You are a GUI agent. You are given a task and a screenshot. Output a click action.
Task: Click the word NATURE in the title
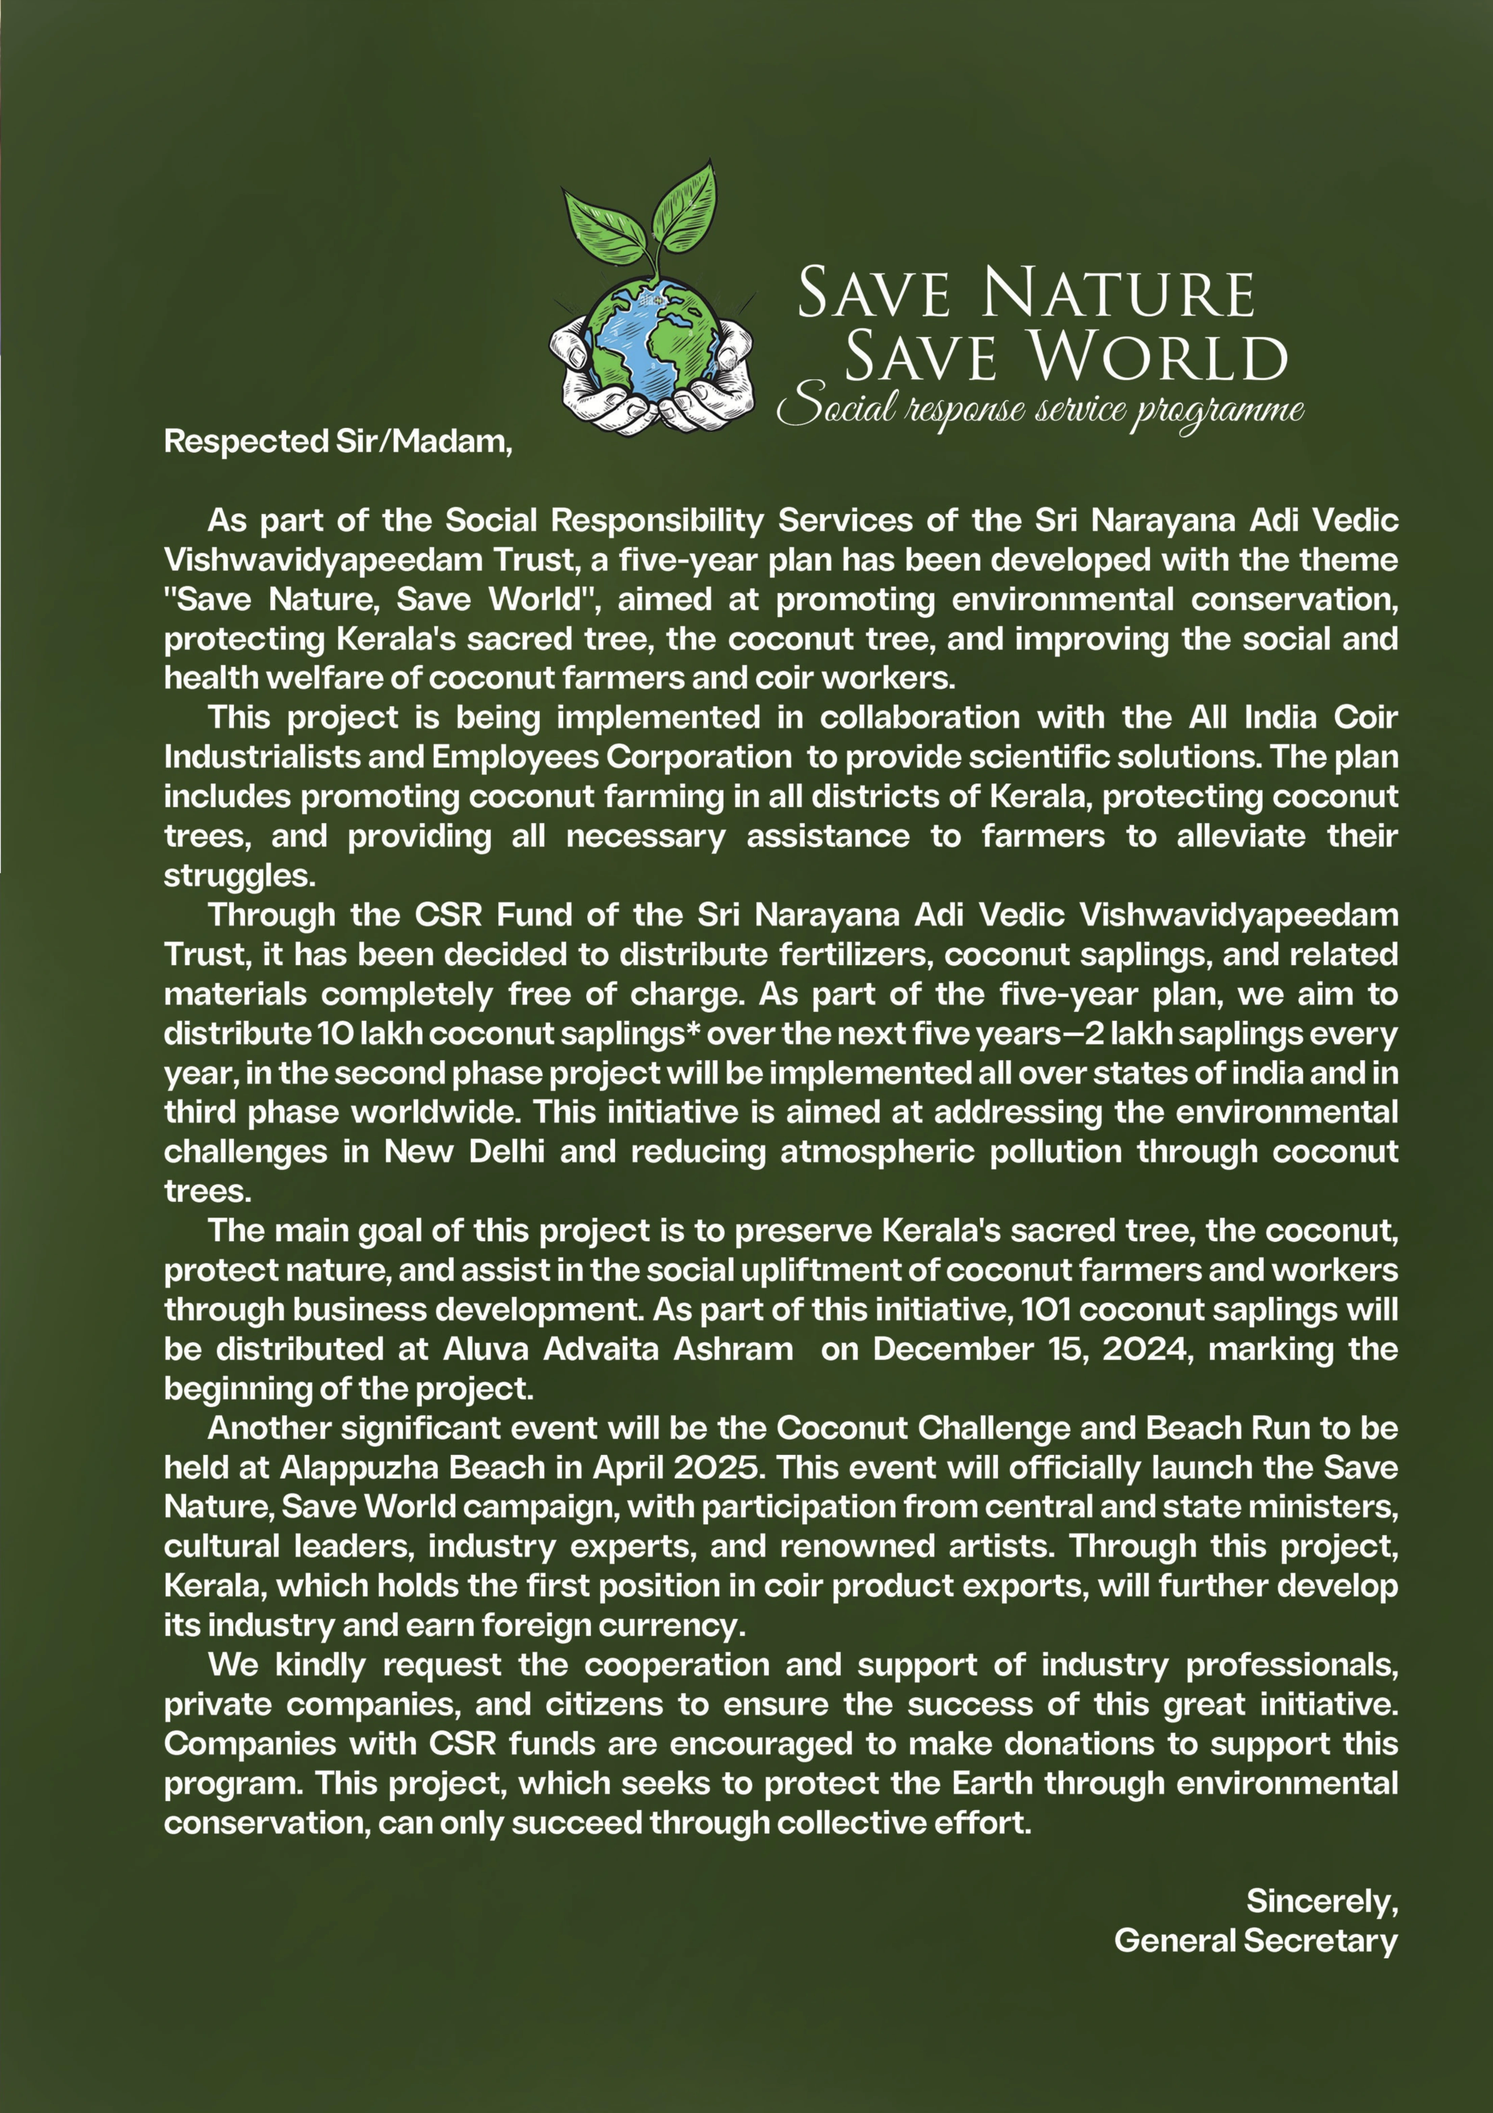pos(1118,294)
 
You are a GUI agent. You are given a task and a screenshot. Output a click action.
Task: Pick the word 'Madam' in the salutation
pos(451,442)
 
